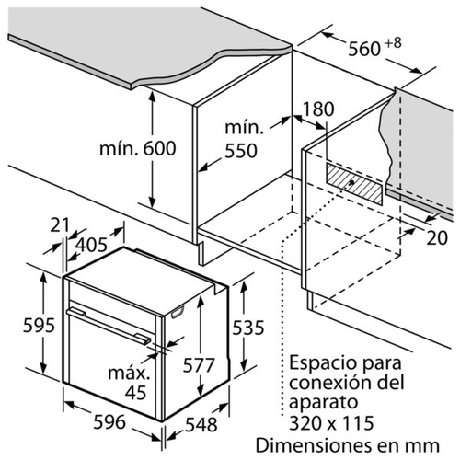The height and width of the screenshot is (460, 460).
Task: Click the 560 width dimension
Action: coord(364,49)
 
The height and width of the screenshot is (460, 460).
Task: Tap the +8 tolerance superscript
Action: coord(393,43)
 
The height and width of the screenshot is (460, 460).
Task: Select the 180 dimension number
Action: coord(318,109)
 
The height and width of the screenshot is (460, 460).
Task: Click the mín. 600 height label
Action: coord(138,148)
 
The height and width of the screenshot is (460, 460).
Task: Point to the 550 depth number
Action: coord(241,151)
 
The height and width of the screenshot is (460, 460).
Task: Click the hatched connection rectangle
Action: coord(354,184)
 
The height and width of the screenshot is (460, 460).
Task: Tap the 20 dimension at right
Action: coord(437,237)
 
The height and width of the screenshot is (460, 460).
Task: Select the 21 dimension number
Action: coord(60,225)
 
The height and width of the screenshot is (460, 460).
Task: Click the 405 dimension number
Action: coord(91,245)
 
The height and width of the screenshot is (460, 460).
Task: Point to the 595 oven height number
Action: coord(40,325)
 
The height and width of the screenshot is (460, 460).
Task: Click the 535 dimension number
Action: coord(248,328)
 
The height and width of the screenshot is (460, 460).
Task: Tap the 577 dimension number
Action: coord(199,365)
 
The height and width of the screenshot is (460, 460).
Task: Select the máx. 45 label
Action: coord(130,383)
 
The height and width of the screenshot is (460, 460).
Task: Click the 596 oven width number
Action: coord(109,421)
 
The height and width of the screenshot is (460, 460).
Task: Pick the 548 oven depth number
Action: coord(201,425)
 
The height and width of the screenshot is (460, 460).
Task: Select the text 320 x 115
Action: coord(332,423)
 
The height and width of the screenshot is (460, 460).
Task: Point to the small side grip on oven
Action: coord(178,312)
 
